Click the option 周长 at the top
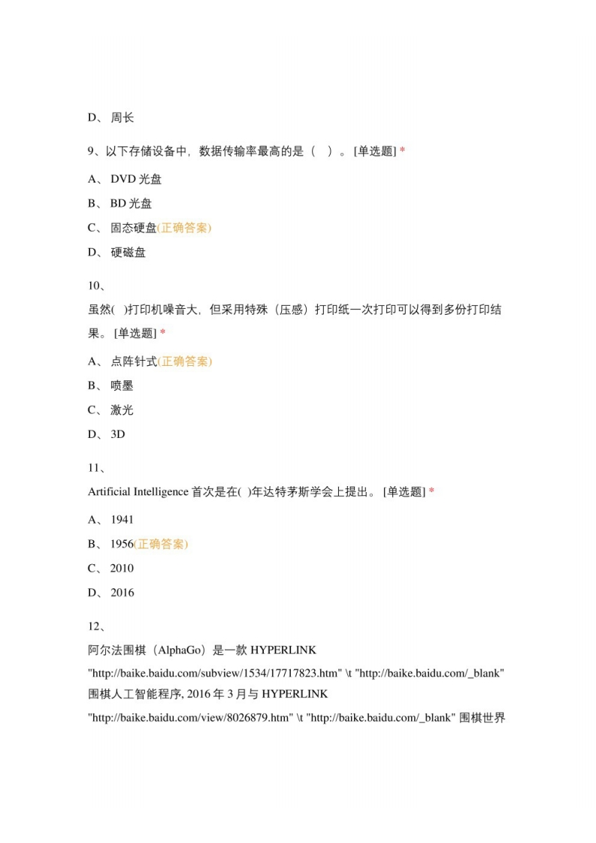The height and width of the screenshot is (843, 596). point(122,117)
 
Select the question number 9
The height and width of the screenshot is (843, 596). point(92,151)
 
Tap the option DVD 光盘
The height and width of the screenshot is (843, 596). point(136,179)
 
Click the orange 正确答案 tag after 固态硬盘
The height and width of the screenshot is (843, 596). point(184,228)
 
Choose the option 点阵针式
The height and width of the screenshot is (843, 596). point(134,361)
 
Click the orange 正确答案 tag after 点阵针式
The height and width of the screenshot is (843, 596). point(185,361)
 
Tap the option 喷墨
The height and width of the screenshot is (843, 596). point(122,385)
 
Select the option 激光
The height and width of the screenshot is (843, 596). point(122,410)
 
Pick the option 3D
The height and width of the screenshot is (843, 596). point(118,434)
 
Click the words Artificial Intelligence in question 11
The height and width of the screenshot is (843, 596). point(138,492)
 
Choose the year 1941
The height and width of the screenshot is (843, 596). point(122,519)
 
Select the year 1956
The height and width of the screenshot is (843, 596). point(122,544)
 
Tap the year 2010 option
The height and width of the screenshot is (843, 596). point(122,568)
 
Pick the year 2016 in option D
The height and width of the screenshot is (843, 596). point(122,593)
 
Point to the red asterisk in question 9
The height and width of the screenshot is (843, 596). point(402,151)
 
